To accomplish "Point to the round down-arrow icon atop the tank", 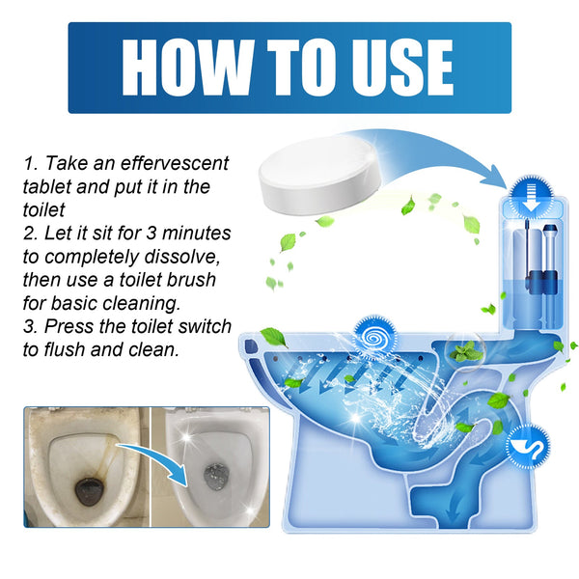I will (x=528, y=190).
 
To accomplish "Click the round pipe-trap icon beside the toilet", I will (x=529, y=445).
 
